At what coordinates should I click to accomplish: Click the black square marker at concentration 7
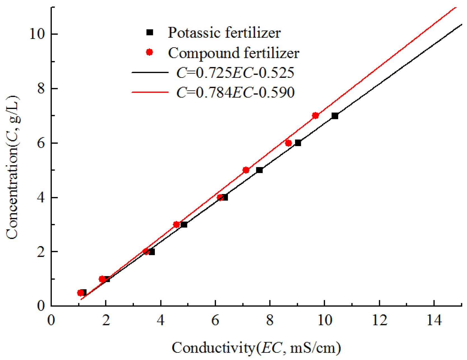click(335, 116)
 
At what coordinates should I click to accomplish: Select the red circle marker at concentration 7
click(315, 116)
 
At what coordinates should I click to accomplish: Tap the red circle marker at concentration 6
click(288, 143)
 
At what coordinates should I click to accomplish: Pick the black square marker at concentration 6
click(298, 143)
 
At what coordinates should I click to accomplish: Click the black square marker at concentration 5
click(259, 170)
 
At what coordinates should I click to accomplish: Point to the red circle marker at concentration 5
click(246, 170)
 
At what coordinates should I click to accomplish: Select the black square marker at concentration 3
click(184, 225)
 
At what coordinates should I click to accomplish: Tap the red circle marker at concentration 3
click(176, 225)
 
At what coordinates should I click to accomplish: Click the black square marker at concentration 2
click(152, 252)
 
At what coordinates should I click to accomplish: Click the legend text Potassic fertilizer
click(224, 33)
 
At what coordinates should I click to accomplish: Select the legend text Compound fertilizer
click(233, 53)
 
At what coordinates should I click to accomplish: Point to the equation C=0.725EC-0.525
click(235, 73)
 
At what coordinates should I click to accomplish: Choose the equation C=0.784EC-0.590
click(235, 92)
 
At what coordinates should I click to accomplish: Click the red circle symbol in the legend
click(150, 52)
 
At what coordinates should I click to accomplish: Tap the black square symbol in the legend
click(150, 32)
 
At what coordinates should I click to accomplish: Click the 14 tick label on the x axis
click(434, 320)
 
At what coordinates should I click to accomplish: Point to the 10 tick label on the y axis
click(37, 34)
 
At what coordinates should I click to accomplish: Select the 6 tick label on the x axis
click(215, 320)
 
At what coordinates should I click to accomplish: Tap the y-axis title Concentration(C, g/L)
click(12, 167)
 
